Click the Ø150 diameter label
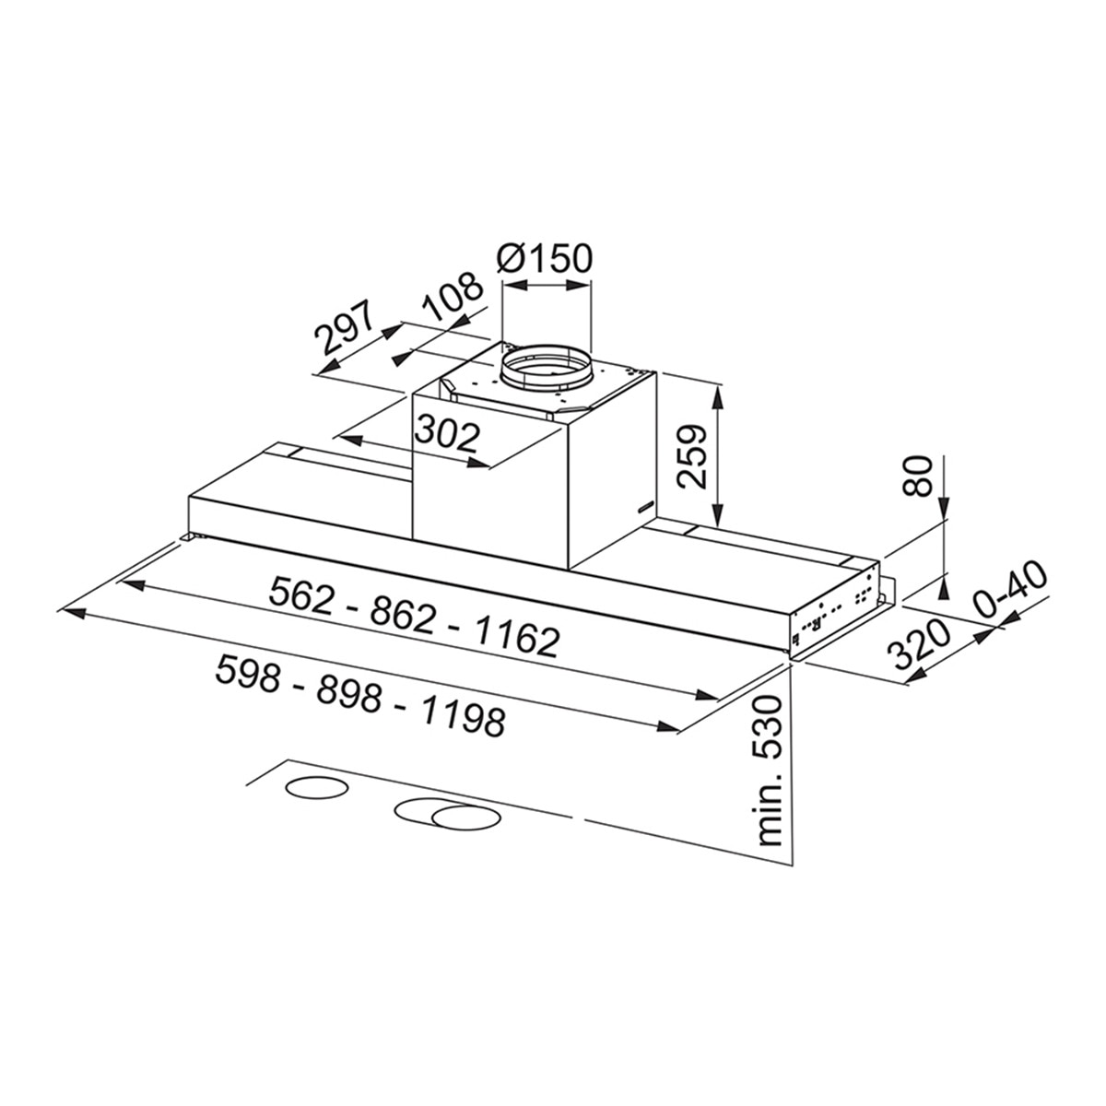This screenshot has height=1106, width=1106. [x=543, y=259]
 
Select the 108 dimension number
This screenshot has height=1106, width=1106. [x=450, y=297]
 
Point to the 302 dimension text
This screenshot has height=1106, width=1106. [x=446, y=437]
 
